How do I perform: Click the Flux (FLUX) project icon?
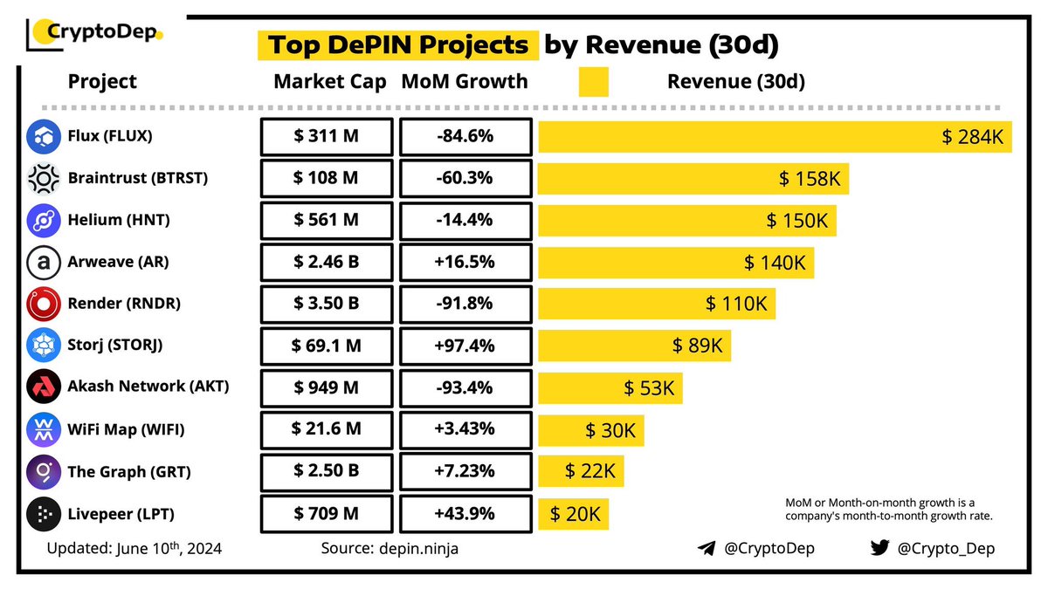[x=41, y=136]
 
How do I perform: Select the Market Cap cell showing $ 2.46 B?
[x=325, y=262]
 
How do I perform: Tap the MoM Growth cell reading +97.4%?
[x=465, y=346]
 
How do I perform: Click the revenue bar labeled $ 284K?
[x=775, y=137]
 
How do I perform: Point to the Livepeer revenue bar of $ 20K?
[x=573, y=514]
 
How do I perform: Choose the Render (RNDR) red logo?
[x=41, y=304]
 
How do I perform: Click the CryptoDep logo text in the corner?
[x=103, y=34]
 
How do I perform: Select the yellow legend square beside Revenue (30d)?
[x=593, y=82]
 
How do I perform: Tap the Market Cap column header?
[x=329, y=82]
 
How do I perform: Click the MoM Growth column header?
[x=465, y=82]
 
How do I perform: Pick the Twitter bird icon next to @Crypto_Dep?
[x=879, y=548]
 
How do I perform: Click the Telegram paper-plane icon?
[x=706, y=549]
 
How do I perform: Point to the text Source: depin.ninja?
[x=390, y=549]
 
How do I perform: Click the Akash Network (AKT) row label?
[x=148, y=387]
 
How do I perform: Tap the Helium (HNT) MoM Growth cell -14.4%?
[x=465, y=220]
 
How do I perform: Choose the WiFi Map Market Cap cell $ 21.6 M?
[x=325, y=429]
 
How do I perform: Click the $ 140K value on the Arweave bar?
[x=774, y=262]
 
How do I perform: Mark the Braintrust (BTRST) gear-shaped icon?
[x=41, y=178]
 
